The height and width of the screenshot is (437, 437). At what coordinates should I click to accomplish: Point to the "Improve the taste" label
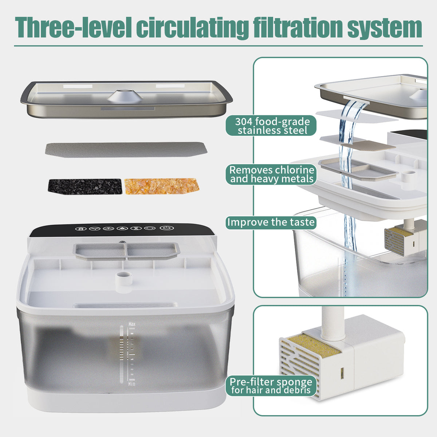(271, 222)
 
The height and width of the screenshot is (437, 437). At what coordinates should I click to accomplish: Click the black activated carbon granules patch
(84, 186)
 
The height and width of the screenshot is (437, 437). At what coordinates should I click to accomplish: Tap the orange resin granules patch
(162, 186)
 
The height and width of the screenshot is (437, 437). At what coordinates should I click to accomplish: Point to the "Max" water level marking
(132, 323)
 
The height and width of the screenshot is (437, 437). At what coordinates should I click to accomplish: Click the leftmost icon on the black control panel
(80, 229)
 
